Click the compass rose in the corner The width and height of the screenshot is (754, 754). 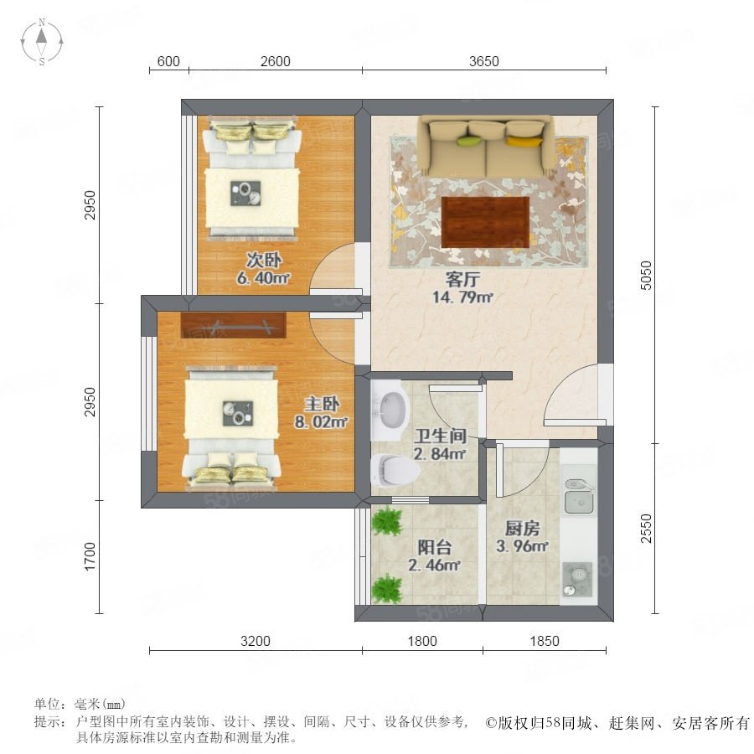point(42,41)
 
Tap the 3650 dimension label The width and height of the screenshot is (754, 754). point(483,61)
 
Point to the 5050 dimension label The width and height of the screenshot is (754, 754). point(646,275)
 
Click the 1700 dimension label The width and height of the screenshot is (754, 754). point(90,557)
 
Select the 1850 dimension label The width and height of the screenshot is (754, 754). point(545,641)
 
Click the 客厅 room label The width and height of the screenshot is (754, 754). point(462,279)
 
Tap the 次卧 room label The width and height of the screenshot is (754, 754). point(264,261)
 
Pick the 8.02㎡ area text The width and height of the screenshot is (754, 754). point(321,422)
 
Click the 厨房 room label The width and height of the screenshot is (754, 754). point(522,529)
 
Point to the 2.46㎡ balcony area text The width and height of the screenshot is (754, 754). point(434,565)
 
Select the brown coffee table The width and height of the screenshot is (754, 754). point(485,222)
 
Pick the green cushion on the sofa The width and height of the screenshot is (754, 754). point(469,141)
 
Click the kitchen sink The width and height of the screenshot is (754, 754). point(580,497)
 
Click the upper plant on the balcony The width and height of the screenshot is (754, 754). point(388,521)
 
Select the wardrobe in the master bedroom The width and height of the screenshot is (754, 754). point(233,326)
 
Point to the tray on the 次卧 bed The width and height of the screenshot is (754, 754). point(245,194)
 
